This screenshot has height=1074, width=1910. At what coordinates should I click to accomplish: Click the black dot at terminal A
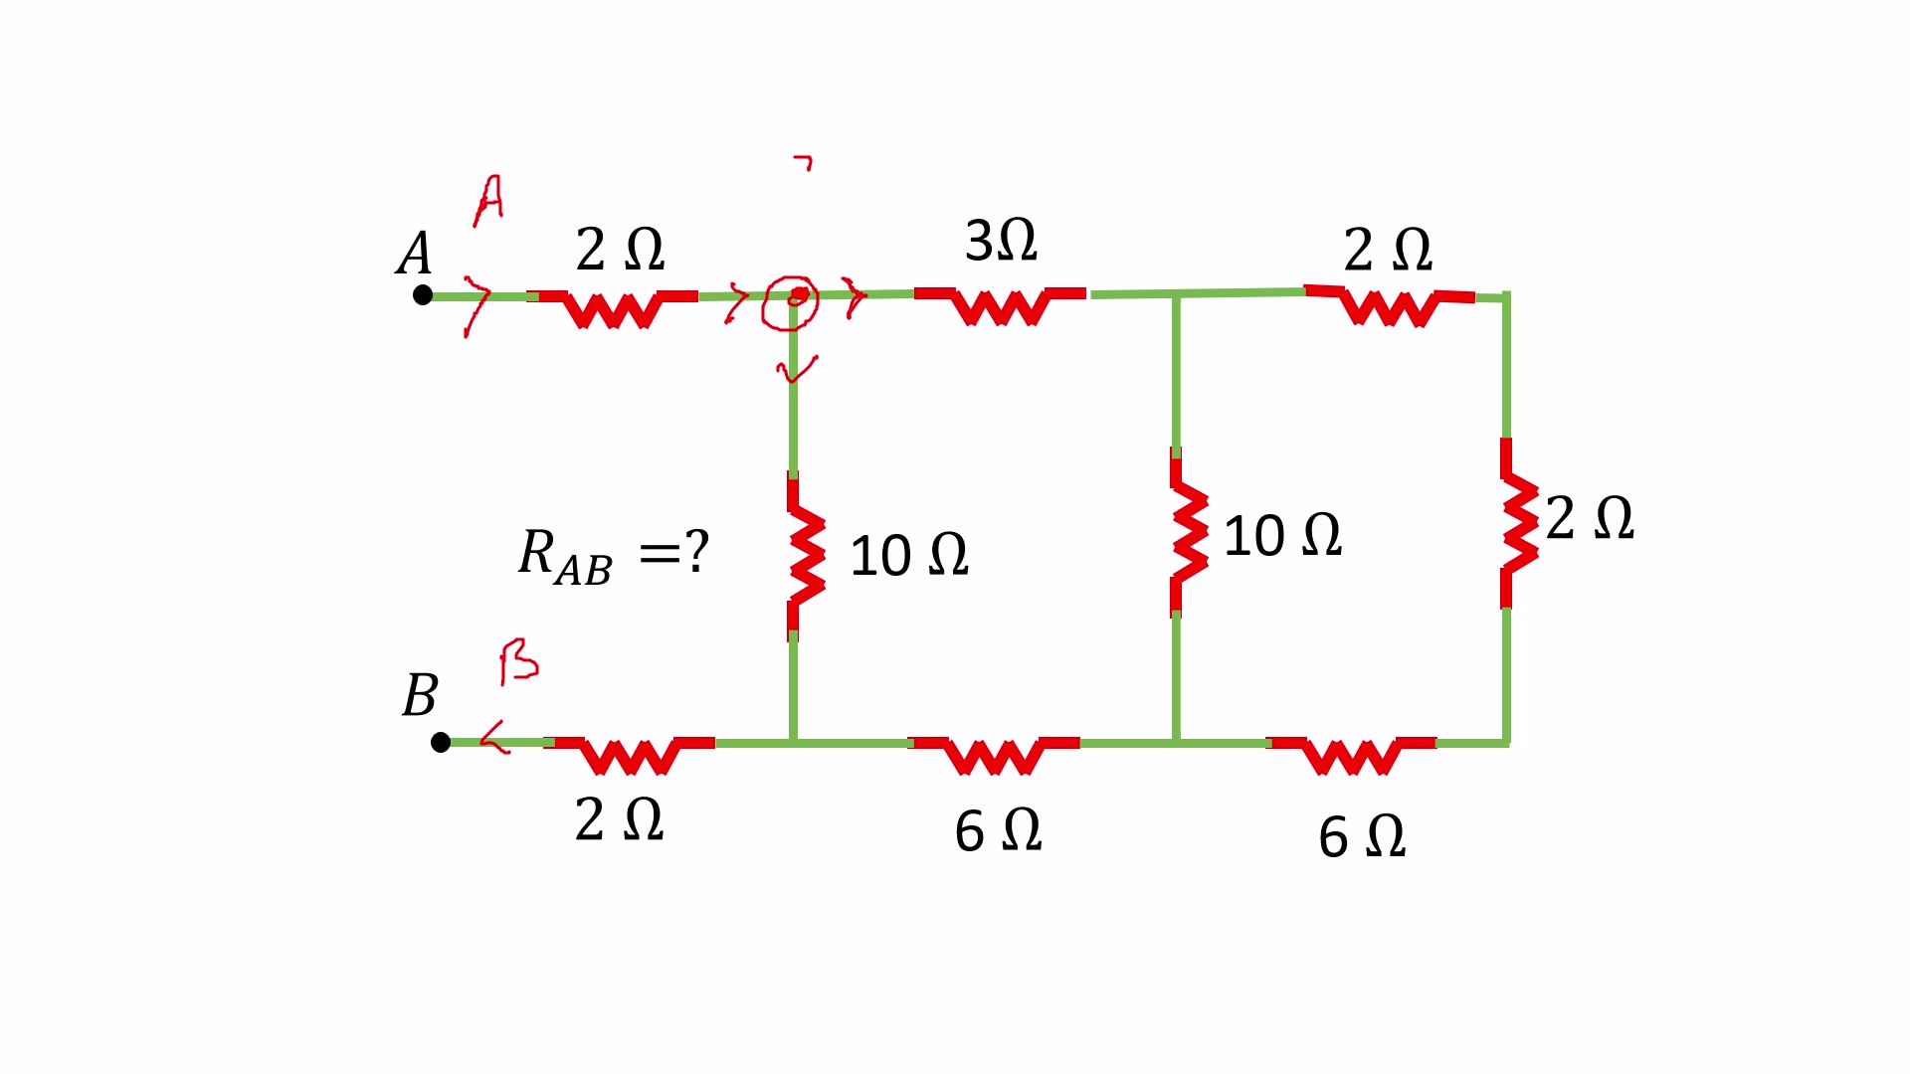point(423,294)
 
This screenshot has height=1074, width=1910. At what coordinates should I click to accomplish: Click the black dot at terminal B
point(441,742)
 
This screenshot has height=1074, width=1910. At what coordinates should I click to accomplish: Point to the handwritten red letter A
point(488,200)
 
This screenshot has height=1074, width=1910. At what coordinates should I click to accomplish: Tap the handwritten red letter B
point(518,661)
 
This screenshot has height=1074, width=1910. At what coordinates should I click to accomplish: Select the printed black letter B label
point(420,694)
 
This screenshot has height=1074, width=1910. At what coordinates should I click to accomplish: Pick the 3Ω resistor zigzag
point(1000,304)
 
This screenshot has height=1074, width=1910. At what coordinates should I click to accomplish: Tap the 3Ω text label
point(1001,241)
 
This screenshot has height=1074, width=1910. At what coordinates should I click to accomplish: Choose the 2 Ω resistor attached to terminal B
point(629,754)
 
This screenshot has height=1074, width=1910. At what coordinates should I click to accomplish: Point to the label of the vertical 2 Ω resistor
point(1590,518)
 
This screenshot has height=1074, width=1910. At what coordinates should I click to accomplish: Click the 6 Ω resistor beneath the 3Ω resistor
point(994,754)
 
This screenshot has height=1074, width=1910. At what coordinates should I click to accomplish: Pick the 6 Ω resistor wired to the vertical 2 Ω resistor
point(1351,754)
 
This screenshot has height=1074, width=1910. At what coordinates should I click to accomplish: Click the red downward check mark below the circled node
point(796,369)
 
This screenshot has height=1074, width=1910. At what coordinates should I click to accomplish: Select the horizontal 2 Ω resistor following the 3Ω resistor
point(1389,305)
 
